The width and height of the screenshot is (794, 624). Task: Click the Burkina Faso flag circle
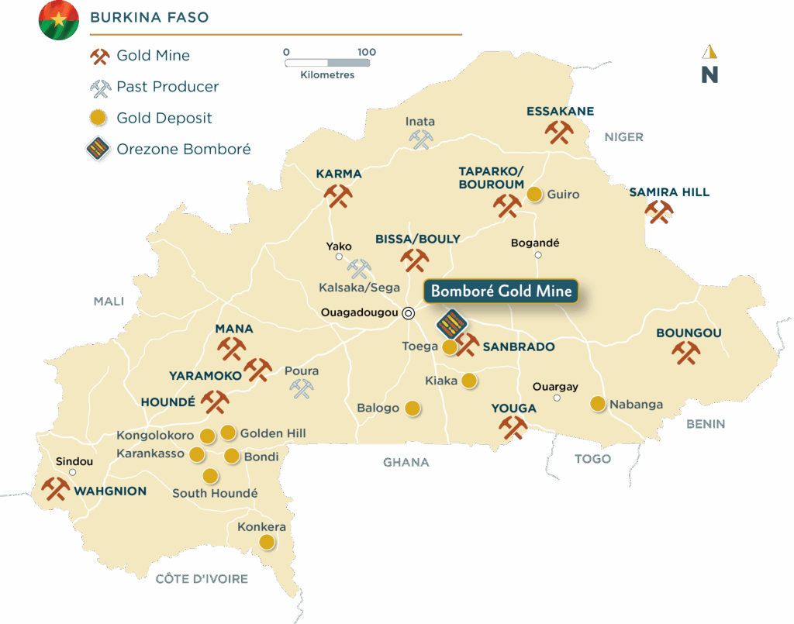pyautogui.click(x=59, y=21)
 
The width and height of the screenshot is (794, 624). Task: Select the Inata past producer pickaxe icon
pyautogui.click(x=420, y=139)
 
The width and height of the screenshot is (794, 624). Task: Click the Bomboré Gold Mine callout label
pyautogui.click(x=501, y=291)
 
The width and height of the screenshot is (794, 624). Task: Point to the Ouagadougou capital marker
pyautogui.click(x=409, y=313)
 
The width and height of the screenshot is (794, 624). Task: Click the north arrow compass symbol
pyautogui.click(x=709, y=65)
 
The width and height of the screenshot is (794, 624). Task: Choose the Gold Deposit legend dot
pyautogui.click(x=97, y=119)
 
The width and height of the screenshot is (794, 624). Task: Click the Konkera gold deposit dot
pyautogui.click(x=266, y=542)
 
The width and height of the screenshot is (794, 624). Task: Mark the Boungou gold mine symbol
pyautogui.click(x=686, y=352)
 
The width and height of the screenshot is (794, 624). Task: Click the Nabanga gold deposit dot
pyautogui.click(x=598, y=403)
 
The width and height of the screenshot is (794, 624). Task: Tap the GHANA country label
pyautogui.click(x=406, y=463)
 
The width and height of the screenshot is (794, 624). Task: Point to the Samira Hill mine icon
pyautogui.click(x=659, y=212)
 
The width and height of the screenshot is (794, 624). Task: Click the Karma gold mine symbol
pyautogui.click(x=338, y=195)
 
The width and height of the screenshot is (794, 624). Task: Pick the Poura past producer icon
pyautogui.click(x=302, y=388)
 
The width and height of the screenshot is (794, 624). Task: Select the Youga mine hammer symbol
pyautogui.click(x=513, y=427)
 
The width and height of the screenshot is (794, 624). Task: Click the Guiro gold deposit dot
pyautogui.click(x=534, y=194)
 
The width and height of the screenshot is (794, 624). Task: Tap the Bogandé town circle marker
pyautogui.click(x=538, y=255)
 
